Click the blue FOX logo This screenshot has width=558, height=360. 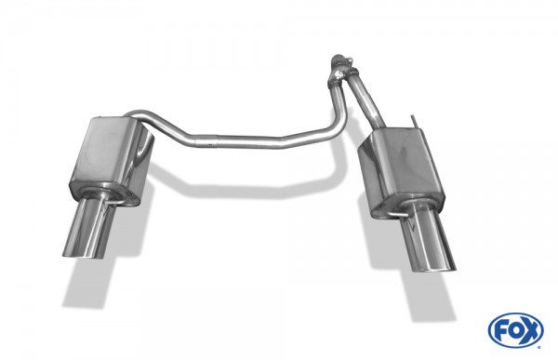[x=515, y=329]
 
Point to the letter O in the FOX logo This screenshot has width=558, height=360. [x=515, y=329]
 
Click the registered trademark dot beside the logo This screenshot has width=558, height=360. [x=538, y=346]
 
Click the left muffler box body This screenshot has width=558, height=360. [x=110, y=158]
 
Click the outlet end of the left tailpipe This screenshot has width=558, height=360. [x=83, y=252]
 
